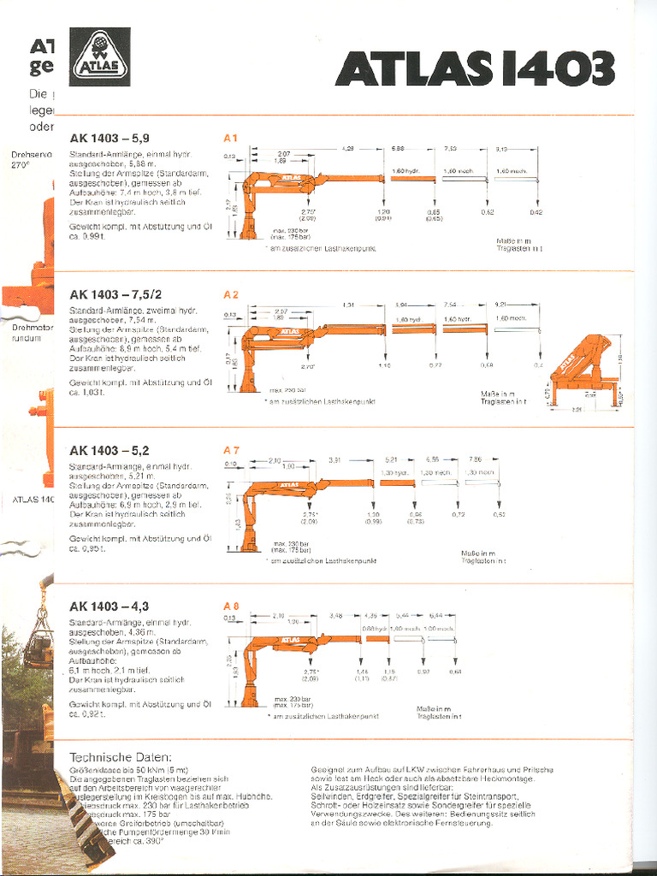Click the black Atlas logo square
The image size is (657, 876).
coord(99,57)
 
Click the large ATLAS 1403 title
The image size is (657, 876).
coord(475,69)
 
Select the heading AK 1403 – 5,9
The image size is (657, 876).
coord(109,138)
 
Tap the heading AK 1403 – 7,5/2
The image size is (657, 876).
coord(115,294)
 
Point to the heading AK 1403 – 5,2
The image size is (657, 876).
coord(109,450)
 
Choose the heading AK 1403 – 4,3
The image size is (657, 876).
coord(109,607)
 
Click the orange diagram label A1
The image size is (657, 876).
coord(230,138)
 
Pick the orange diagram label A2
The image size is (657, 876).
coord(230,294)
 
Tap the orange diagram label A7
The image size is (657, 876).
coord(230,450)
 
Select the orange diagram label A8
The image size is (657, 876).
coord(230,607)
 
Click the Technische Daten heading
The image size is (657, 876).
coord(120,757)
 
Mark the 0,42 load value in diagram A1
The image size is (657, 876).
coord(535,211)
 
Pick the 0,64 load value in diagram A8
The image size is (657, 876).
coord(455,672)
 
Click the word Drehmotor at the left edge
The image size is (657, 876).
coord(33,328)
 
